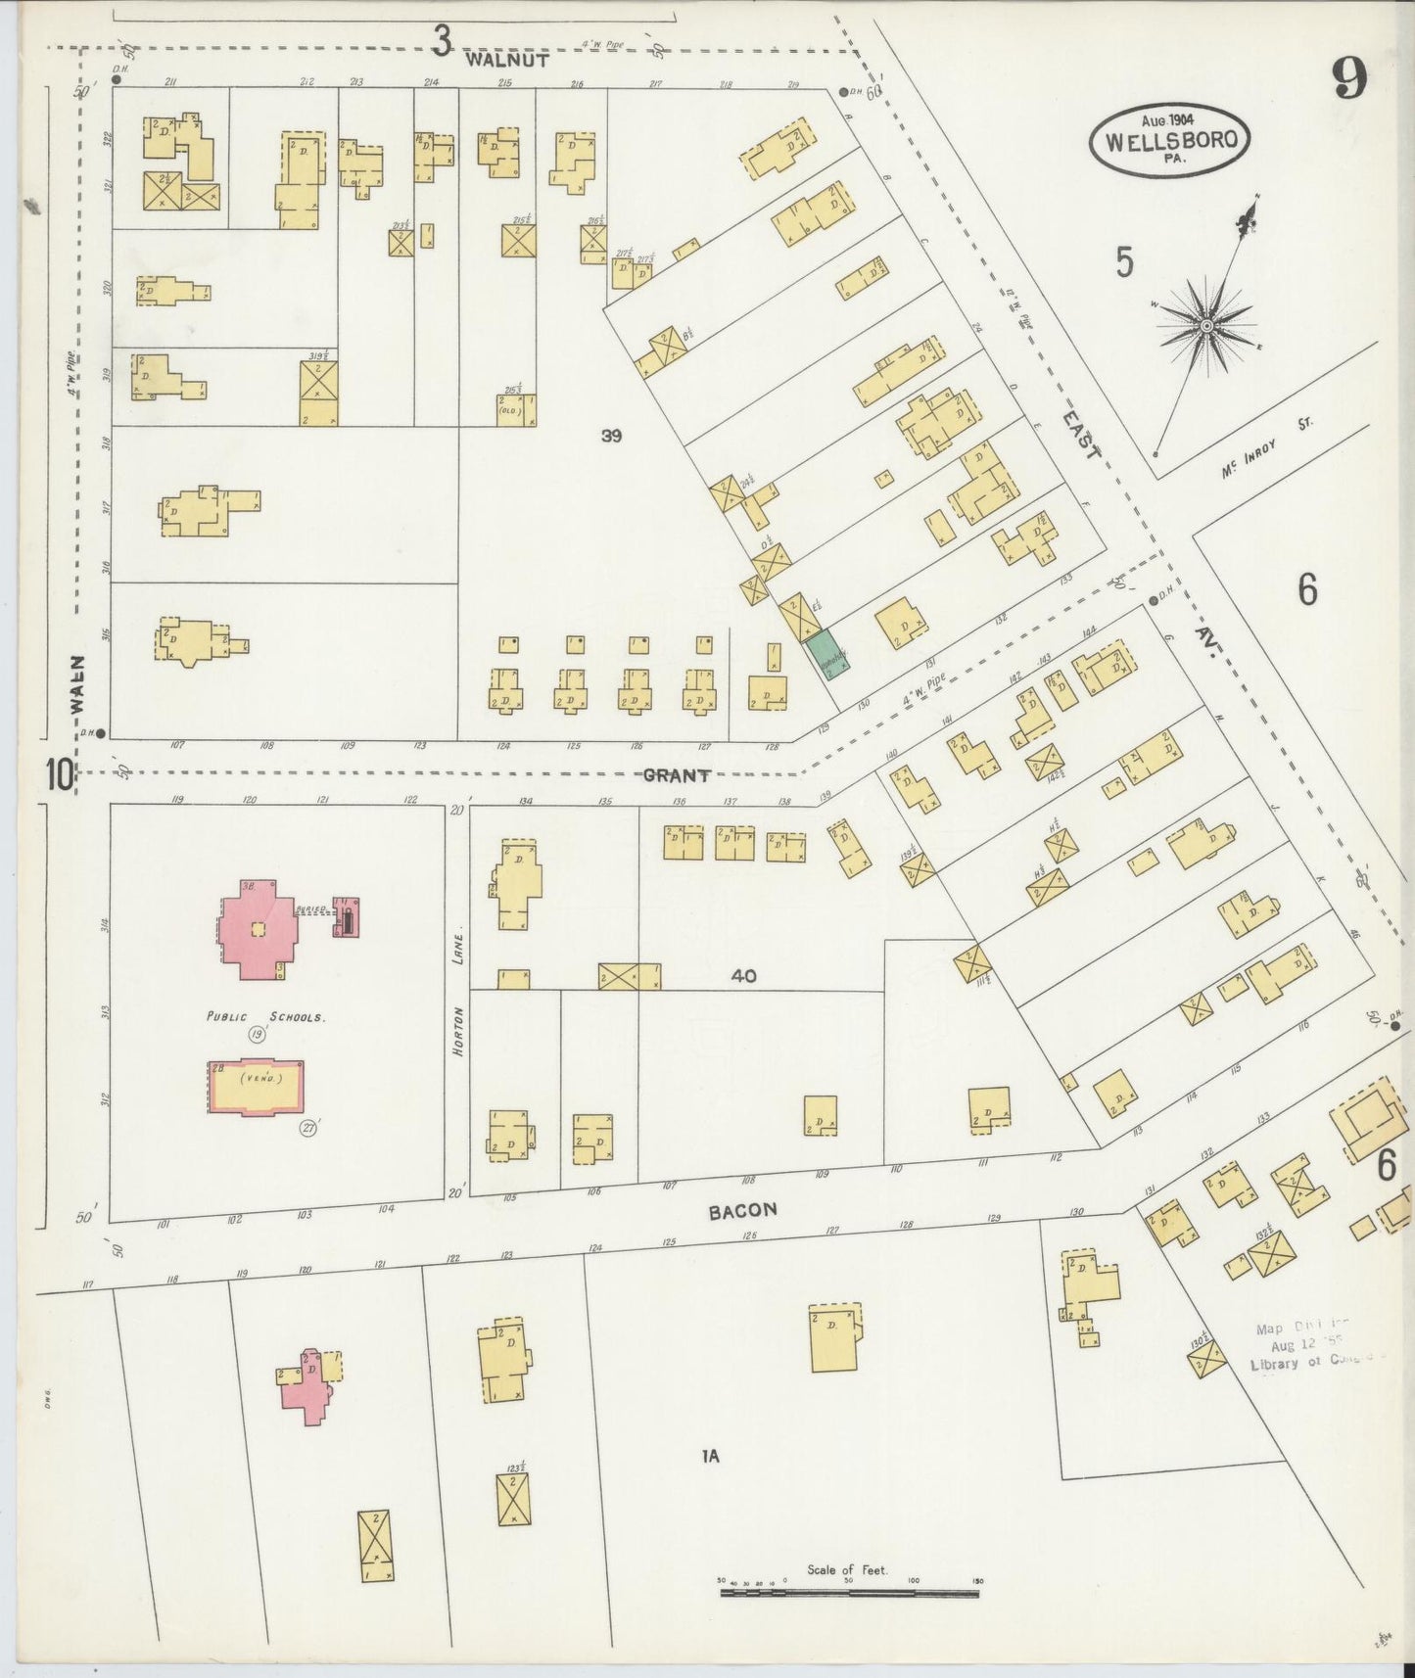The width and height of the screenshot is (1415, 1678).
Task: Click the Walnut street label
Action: click(x=507, y=59)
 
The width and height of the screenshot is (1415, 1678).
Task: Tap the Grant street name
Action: click(x=676, y=775)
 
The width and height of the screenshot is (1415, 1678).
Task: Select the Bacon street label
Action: click(x=742, y=1210)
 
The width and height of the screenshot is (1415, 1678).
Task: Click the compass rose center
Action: click(x=1206, y=324)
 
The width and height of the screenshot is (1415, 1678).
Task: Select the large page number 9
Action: click(x=1349, y=78)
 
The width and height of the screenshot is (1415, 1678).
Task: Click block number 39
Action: click(x=611, y=436)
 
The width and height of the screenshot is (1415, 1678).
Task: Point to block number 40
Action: click(x=743, y=976)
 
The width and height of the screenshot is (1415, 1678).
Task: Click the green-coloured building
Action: click(x=827, y=653)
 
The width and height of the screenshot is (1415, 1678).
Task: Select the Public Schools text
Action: click(x=264, y=1017)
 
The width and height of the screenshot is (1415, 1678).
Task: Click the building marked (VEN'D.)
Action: click(x=256, y=1085)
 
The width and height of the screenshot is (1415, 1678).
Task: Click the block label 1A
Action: click(x=710, y=1457)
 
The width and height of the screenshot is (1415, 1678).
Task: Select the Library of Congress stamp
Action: click(x=1305, y=1348)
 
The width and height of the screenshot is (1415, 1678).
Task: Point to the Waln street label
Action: click(x=78, y=684)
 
